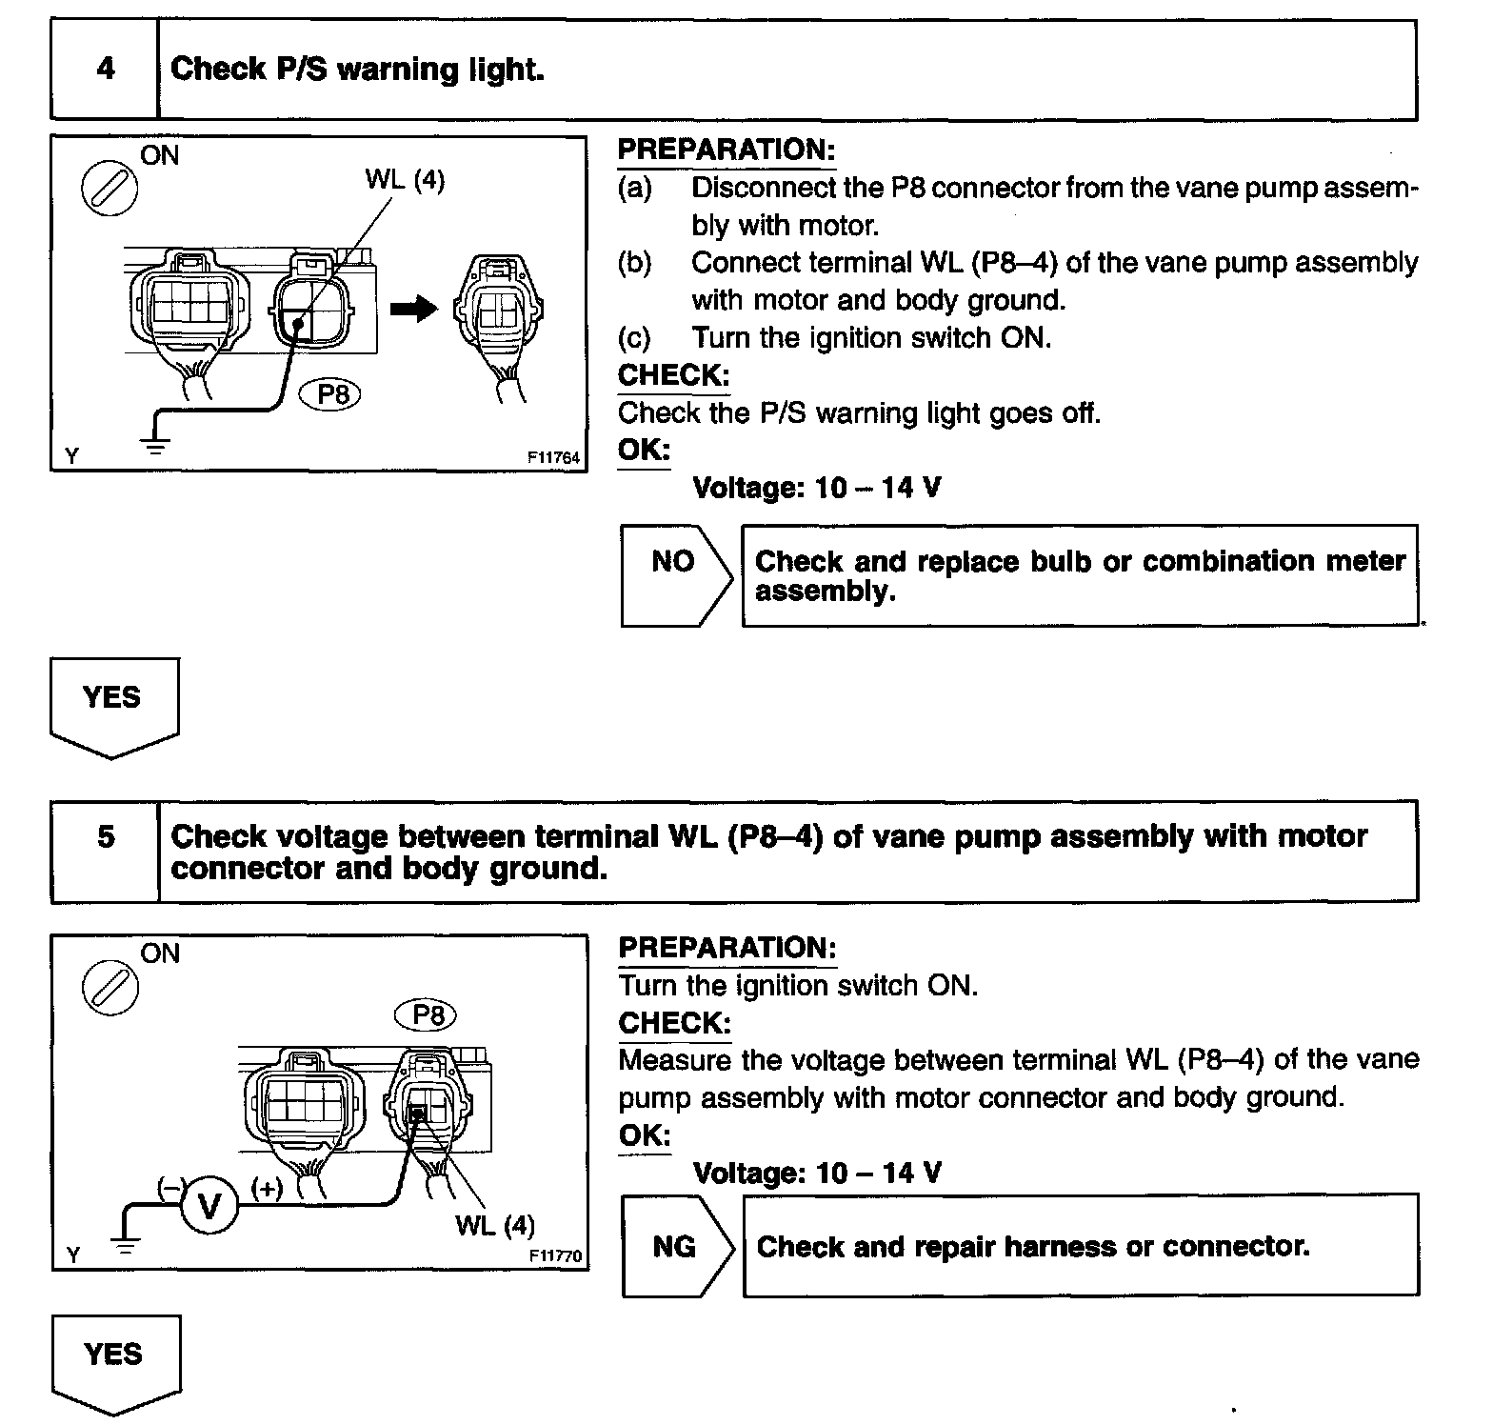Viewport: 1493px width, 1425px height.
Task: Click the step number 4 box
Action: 105,70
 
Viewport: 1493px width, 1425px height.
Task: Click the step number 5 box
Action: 106,837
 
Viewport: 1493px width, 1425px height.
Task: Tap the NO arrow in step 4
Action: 675,574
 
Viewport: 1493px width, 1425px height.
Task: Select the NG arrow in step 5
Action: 676,1246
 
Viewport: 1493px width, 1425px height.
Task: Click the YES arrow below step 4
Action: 113,704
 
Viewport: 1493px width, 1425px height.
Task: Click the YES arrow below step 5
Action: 115,1360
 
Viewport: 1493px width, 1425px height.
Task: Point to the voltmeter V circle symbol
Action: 209,1207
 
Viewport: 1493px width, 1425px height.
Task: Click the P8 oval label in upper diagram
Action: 330,393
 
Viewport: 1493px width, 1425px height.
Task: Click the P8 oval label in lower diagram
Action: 426,1015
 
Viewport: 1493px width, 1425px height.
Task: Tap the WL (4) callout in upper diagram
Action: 405,179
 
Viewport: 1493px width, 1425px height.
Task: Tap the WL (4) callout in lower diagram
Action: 495,1224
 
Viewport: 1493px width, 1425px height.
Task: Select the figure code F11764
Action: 553,458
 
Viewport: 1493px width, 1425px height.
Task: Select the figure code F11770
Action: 554,1256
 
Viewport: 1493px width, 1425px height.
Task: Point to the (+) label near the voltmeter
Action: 267,1187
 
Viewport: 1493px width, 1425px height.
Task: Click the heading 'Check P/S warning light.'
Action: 357,70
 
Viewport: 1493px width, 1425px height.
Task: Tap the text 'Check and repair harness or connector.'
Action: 1033,1246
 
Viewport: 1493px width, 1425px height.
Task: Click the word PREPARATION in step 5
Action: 727,948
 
